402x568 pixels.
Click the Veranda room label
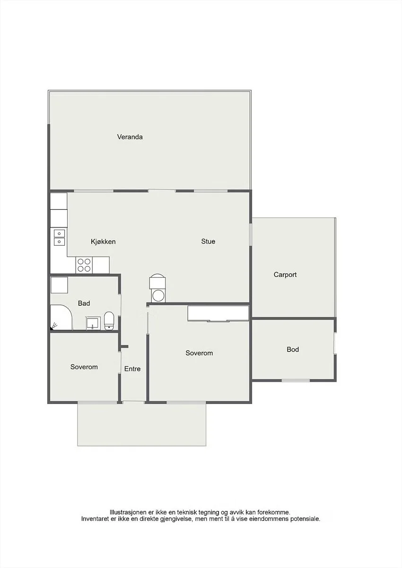(x=130, y=137)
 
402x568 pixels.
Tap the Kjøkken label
(x=103, y=241)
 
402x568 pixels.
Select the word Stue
(x=208, y=241)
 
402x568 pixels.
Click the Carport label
(x=285, y=275)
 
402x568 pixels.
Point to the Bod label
(x=293, y=349)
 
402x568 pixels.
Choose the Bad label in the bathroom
(x=84, y=303)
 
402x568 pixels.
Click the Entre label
(x=132, y=369)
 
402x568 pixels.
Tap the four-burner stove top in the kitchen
(x=84, y=265)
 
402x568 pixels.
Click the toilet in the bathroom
(x=109, y=321)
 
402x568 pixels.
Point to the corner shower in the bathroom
(x=61, y=317)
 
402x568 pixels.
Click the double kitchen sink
(x=59, y=238)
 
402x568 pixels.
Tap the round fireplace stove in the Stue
(x=157, y=288)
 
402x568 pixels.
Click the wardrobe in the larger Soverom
(x=218, y=314)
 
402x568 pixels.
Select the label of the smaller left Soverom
(x=84, y=367)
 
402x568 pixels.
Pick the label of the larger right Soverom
(x=199, y=353)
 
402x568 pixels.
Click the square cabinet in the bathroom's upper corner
(x=59, y=285)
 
